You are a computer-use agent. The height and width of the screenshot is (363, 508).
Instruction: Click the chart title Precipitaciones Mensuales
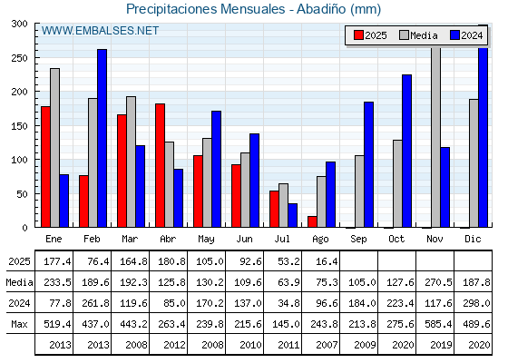[x=205, y=9]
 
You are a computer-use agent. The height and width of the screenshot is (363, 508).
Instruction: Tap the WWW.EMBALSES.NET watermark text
[x=100, y=31]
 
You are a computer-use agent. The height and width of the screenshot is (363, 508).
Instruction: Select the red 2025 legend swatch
[x=358, y=35]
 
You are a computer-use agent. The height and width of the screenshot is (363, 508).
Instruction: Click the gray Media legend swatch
[x=404, y=35]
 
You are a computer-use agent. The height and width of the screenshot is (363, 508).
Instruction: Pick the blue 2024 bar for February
[x=102, y=138]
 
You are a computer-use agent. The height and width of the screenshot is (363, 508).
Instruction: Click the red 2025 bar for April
[x=160, y=165]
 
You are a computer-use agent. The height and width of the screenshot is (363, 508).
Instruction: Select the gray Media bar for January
[x=54, y=148]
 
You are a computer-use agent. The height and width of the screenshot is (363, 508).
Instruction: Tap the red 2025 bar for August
[x=312, y=221]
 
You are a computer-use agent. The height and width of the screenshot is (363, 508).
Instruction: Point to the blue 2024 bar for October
[x=407, y=151]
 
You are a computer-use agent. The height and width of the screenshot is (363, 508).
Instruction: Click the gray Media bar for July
[x=283, y=205]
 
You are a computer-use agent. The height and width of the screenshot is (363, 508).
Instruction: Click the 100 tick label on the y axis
[x=19, y=160]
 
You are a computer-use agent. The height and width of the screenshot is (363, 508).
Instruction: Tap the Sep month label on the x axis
[x=358, y=240]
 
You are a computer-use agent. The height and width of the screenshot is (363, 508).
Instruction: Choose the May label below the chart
[x=206, y=240]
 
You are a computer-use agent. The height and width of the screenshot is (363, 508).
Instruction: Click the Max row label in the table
[x=19, y=324]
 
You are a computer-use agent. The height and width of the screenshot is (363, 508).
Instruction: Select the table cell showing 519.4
[x=57, y=324]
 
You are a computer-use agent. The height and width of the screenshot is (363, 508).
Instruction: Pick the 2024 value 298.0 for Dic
[x=476, y=303]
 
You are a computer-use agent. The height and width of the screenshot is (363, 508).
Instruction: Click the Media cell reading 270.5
[x=438, y=282]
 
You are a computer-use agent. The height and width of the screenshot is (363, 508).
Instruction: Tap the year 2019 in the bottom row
[x=441, y=345]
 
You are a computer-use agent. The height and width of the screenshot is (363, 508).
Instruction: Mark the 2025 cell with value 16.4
[x=327, y=261]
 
